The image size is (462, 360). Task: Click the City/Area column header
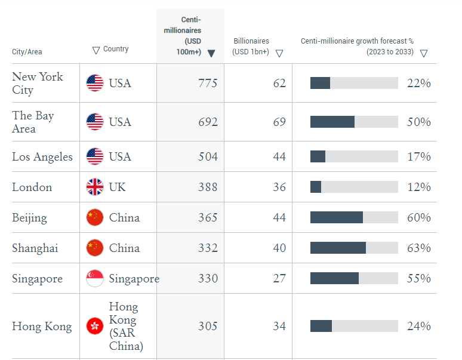pos(27,52)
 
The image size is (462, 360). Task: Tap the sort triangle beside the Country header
pos(96,50)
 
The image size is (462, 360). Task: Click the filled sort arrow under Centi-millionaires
pos(211,53)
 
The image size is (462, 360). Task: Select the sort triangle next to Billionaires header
pos(279,53)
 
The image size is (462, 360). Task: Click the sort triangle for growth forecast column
pos(423,53)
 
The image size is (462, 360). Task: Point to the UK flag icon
pos(95,187)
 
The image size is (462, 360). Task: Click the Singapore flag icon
pos(95,278)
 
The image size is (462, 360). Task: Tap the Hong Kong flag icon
pos(95,326)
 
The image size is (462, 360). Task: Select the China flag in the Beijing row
pos(95,217)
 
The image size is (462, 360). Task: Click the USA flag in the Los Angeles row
pos(95,156)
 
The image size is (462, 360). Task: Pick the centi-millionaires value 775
pos(208,83)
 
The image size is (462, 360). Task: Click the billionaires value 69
pos(279,122)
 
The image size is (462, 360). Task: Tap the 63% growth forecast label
pos(418,248)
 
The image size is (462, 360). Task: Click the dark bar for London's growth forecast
pos(316,187)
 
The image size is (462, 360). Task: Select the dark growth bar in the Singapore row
pos(334,278)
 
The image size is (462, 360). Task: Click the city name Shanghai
pos(35,248)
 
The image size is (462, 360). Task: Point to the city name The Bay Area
pos(33,122)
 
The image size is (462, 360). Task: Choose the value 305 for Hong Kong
pos(208,326)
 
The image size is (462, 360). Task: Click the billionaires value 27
pos(279,278)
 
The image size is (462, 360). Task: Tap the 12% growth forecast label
pos(418,187)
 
